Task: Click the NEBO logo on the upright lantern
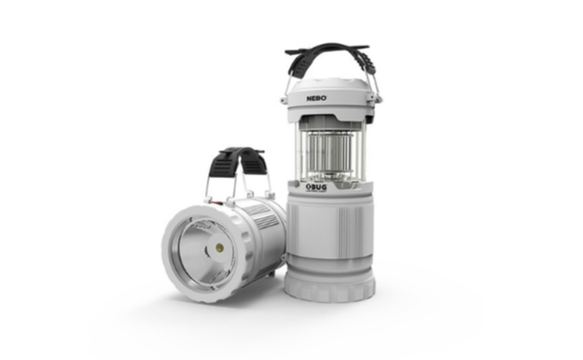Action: click(316, 98)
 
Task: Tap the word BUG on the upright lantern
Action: click(318, 187)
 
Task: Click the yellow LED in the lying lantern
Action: click(219, 247)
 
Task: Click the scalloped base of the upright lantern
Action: click(330, 285)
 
